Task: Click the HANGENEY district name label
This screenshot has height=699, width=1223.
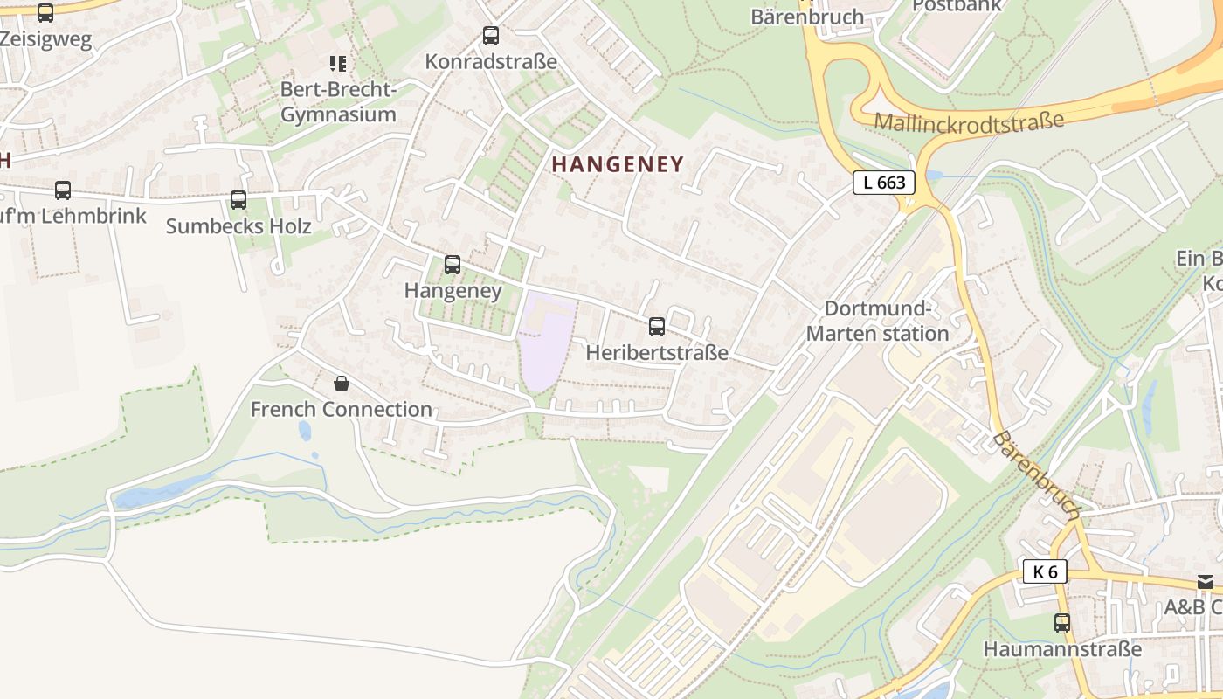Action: (x=617, y=164)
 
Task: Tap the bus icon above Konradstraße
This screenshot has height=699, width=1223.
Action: (x=491, y=36)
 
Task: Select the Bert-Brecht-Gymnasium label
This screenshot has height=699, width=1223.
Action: (x=338, y=102)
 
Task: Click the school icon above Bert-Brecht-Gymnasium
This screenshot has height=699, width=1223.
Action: (x=338, y=63)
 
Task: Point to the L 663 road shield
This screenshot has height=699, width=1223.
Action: (x=884, y=183)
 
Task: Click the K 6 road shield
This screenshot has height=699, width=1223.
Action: (x=1045, y=572)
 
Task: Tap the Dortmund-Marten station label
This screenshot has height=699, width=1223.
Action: (x=877, y=321)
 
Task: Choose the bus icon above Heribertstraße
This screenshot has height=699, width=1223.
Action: (x=657, y=327)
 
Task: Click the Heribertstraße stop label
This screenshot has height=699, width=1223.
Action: (x=657, y=353)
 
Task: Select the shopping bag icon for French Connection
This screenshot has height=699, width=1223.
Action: (x=342, y=383)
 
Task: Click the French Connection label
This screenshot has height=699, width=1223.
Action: (x=342, y=409)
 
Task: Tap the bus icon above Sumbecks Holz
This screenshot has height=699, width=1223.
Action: (x=238, y=200)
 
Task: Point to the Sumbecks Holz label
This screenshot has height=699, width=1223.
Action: (x=238, y=226)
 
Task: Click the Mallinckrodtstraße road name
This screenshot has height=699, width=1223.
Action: (x=969, y=120)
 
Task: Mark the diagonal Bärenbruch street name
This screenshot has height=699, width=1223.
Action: (x=1038, y=475)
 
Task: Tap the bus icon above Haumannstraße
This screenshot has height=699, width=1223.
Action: (x=1062, y=623)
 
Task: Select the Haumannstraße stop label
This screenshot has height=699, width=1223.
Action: (x=1062, y=649)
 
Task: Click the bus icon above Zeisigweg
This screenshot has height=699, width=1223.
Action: (x=45, y=13)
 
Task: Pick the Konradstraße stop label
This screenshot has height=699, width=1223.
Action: (x=491, y=62)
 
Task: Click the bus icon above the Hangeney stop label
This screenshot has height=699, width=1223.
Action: (x=453, y=265)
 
